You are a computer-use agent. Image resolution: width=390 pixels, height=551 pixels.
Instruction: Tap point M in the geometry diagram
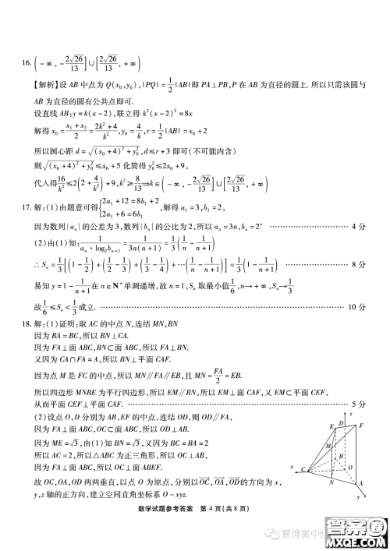pos(327,447)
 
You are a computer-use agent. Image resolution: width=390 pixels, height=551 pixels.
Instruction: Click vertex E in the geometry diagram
pos(331,426)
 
